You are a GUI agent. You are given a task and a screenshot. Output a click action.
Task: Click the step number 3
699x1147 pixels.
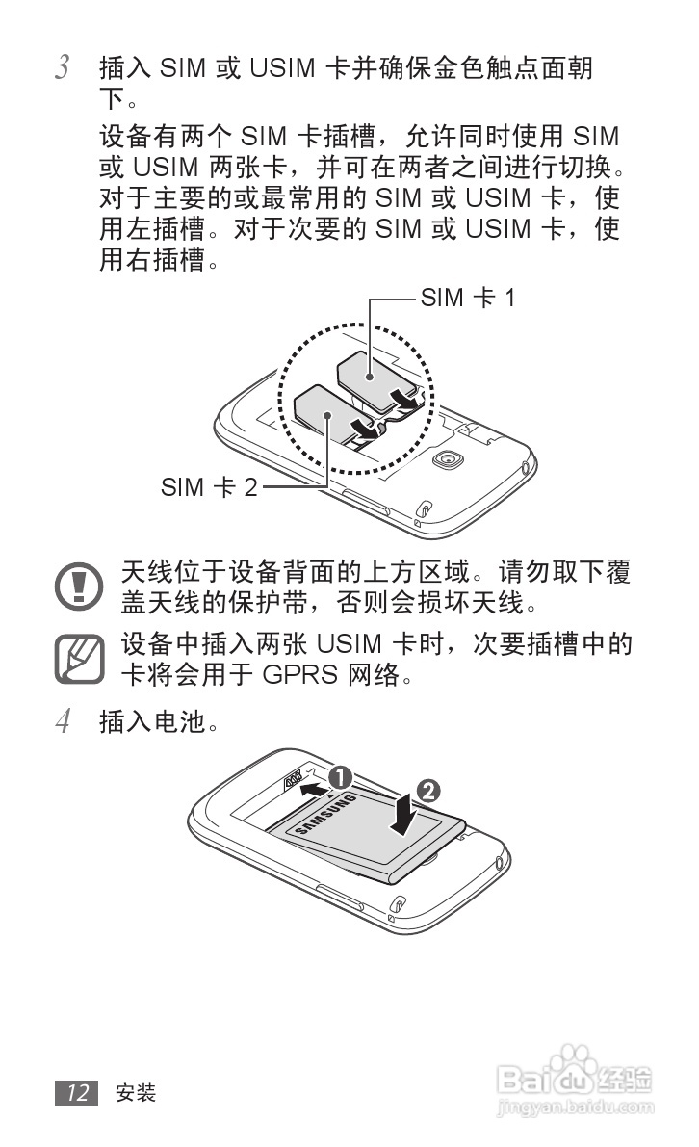(64, 69)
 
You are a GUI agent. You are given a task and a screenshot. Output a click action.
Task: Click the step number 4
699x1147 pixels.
(64, 721)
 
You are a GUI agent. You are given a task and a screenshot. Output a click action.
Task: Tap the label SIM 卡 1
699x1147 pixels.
(468, 299)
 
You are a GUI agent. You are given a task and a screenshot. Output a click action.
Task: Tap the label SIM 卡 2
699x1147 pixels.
(209, 487)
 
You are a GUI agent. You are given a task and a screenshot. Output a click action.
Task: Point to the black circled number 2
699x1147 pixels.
(430, 790)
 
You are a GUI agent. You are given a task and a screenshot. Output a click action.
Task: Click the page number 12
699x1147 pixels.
(78, 1093)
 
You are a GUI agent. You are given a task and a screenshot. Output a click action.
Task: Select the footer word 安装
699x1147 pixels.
(135, 1093)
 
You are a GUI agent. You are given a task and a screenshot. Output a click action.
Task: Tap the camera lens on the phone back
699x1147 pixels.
(445, 459)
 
